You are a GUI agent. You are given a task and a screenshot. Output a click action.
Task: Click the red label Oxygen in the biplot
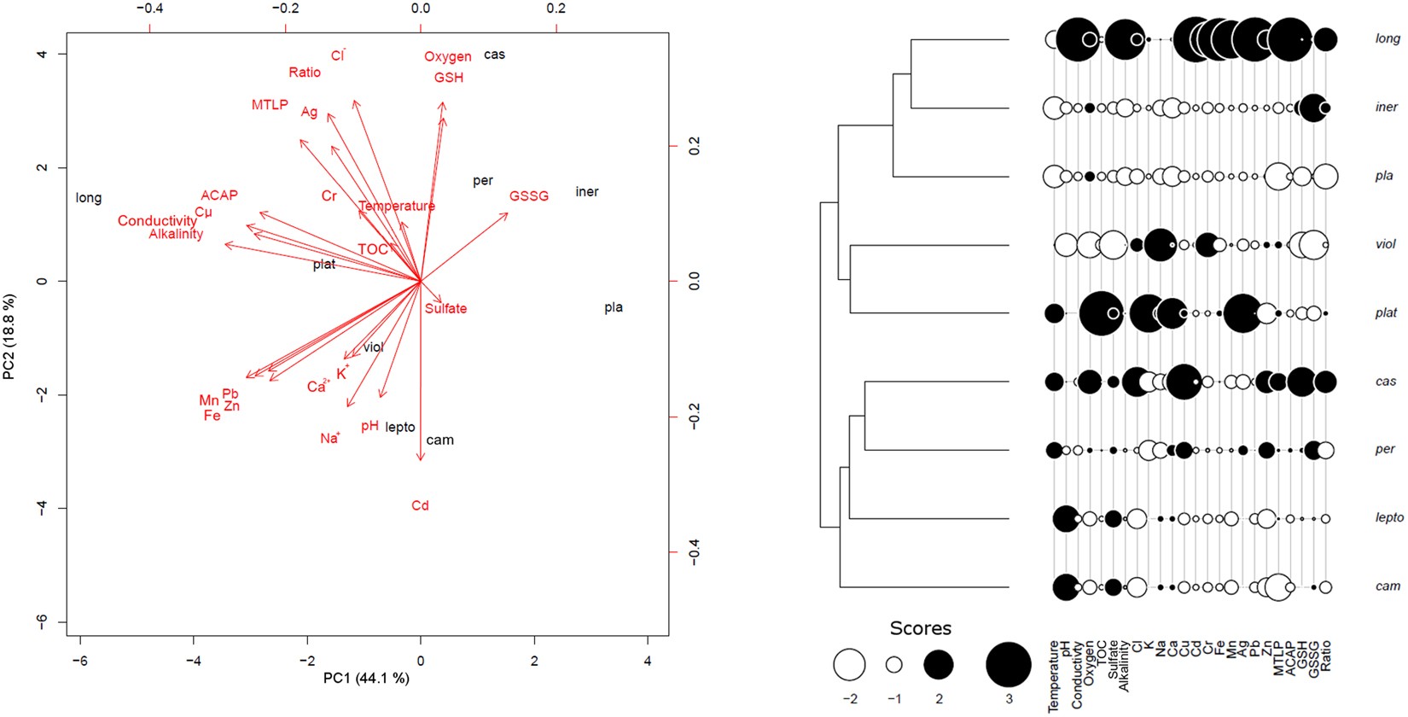tap(447, 56)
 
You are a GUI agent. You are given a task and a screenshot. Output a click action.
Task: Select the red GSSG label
tap(528, 196)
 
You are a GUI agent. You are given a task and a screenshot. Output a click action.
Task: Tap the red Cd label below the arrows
tap(420, 505)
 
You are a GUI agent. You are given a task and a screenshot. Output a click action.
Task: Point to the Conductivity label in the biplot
tap(157, 221)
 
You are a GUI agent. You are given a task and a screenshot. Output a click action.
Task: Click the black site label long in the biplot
tap(89, 198)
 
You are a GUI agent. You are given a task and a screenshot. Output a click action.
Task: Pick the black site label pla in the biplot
tap(613, 307)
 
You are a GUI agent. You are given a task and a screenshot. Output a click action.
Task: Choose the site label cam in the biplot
tap(439, 440)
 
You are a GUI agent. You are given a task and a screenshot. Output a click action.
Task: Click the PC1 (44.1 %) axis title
tap(365, 679)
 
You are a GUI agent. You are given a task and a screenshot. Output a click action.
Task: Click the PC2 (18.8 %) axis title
tap(9, 336)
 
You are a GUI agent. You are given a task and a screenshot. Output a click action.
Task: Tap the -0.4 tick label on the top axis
tap(148, 9)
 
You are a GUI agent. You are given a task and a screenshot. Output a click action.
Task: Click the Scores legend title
tap(920, 628)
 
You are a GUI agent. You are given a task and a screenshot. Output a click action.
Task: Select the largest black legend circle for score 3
tap(1008, 664)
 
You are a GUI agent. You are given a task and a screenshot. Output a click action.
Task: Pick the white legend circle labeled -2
tap(849, 664)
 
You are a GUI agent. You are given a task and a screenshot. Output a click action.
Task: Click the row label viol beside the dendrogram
tap(1386, 244)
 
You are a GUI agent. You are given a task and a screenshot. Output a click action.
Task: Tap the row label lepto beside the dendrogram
tap(1389, 517)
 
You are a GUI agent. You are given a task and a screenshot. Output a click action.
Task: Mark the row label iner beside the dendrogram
tap(1387, 107)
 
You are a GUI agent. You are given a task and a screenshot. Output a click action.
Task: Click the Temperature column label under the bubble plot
tap(1053, 676)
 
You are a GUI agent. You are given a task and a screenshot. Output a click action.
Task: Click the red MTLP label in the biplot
tap(269, 105)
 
